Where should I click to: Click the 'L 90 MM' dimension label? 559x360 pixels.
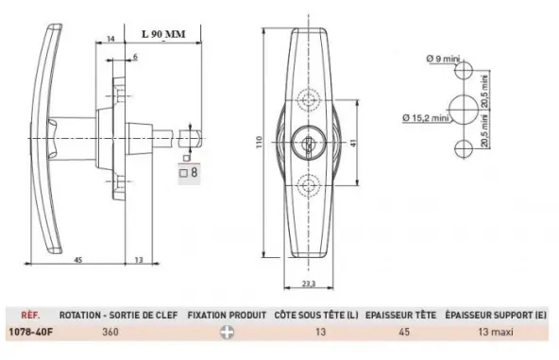point(163,34)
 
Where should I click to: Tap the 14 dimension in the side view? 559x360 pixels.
point(110,39)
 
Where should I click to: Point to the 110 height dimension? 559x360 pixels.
point(259,143)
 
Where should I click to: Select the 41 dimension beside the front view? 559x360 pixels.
point(353,143)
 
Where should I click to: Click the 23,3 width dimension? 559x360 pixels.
point(309,283)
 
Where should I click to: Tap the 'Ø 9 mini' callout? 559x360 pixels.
point(443,59)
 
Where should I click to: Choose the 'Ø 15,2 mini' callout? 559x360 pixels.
point(425,118)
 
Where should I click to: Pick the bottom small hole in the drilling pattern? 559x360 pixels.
point(464,148)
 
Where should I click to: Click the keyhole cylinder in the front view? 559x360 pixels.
point(309,143)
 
